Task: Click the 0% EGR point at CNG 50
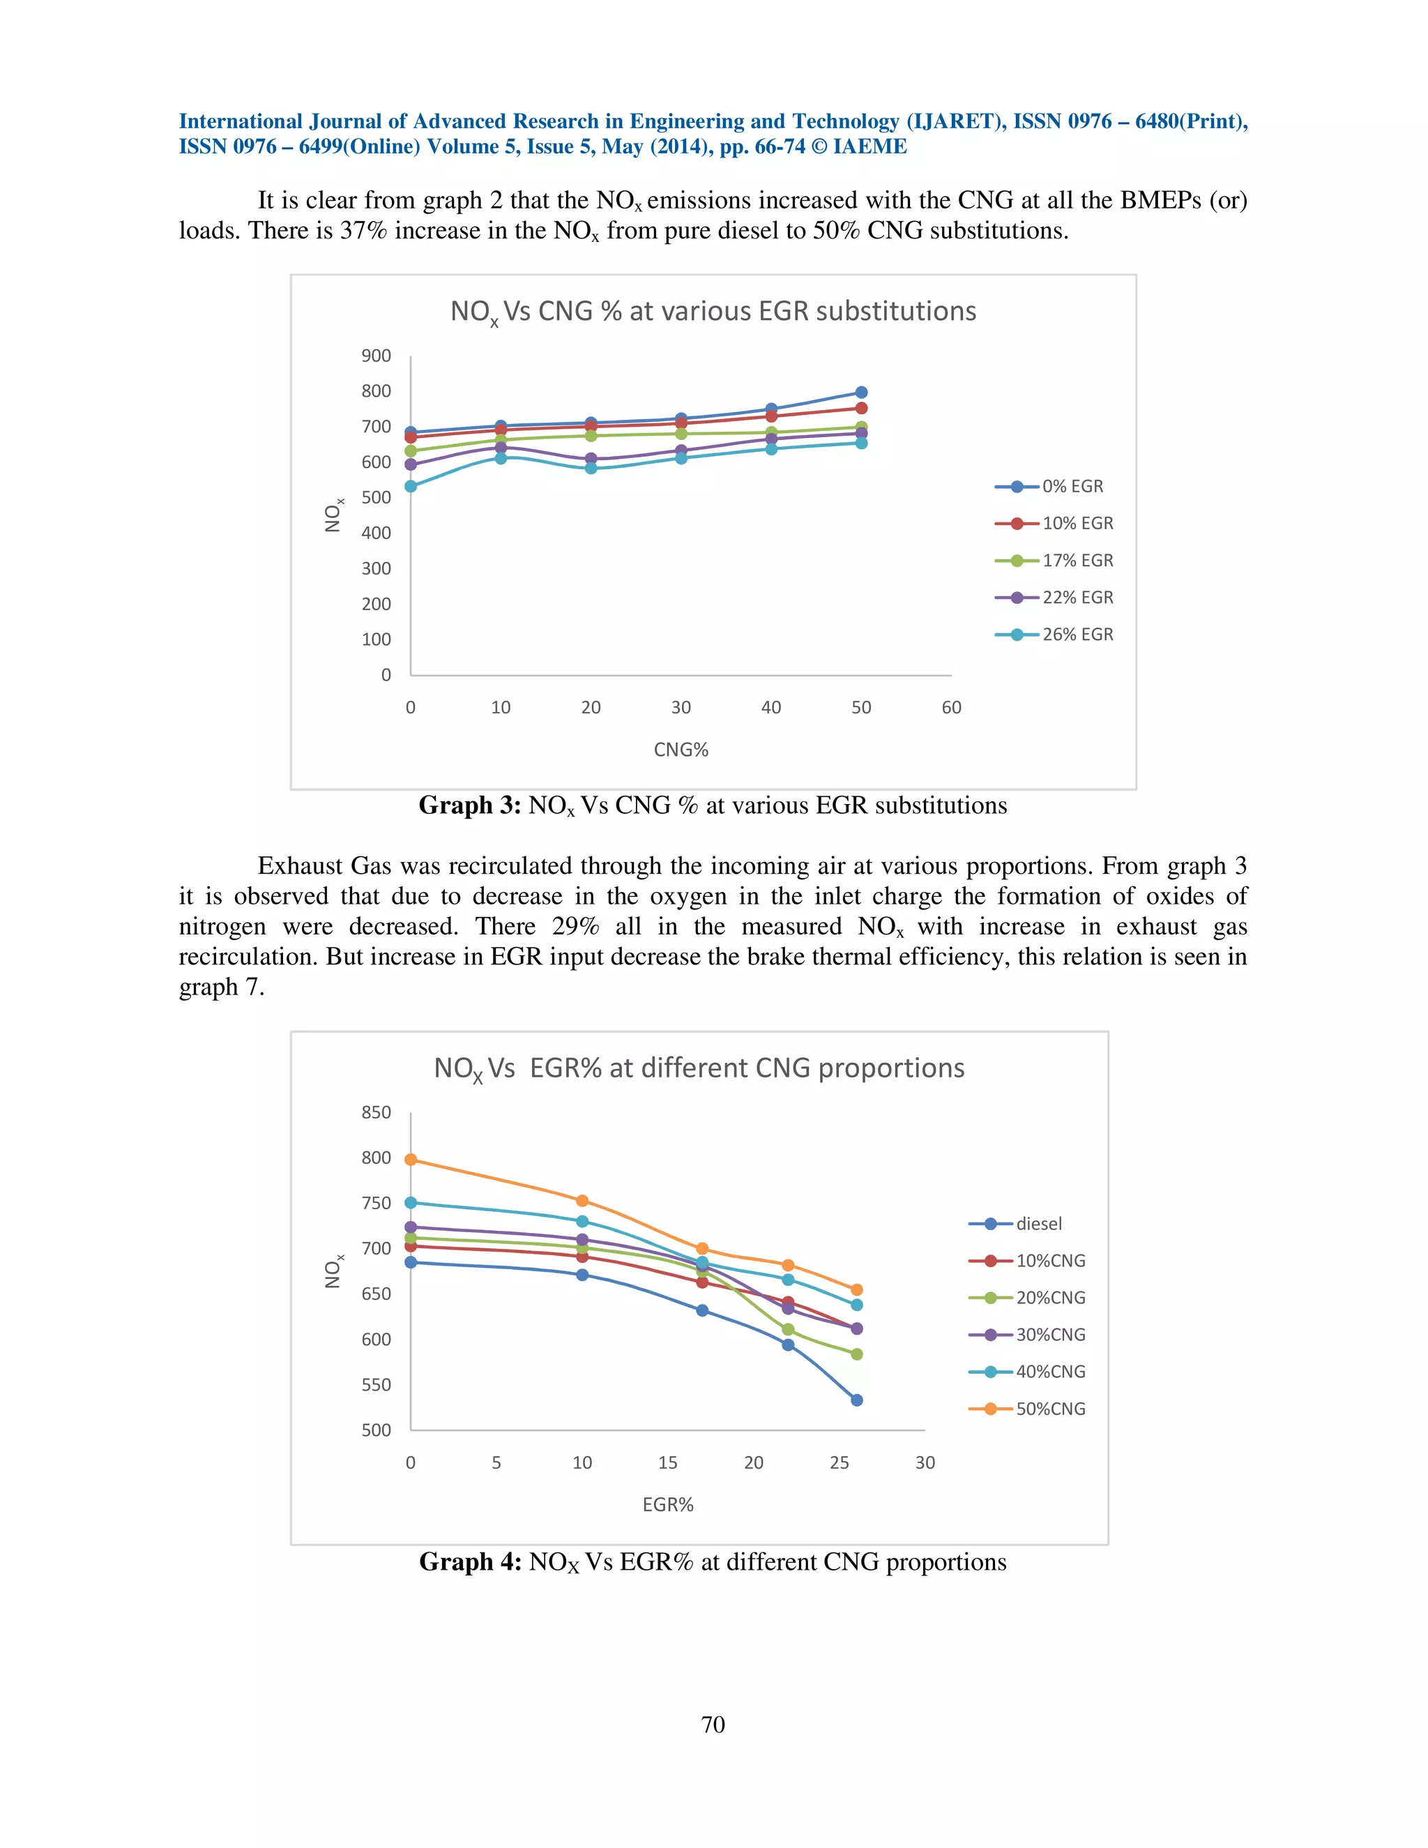861,393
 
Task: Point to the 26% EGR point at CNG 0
411,487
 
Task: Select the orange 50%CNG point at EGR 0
411,1159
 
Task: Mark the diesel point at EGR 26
856,1400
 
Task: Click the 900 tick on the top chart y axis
376,356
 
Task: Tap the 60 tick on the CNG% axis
951,707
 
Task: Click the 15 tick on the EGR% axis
667,1463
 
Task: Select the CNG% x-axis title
681,750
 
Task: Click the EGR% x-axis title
667,1504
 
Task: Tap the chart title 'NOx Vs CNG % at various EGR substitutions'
713,312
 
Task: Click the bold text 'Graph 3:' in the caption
469,805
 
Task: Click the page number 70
713,1725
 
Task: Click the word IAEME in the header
869,146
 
